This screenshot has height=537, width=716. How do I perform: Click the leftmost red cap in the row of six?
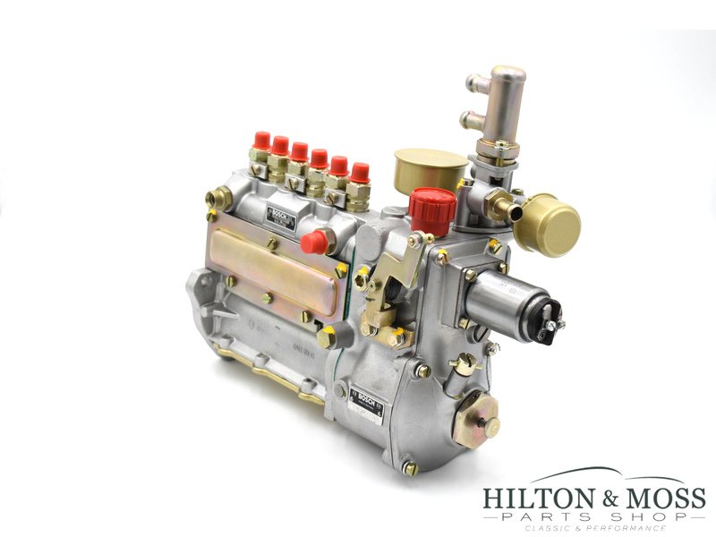[261, 141]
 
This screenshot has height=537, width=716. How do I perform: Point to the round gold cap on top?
[430, 165]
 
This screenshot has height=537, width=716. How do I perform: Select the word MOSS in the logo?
[663, 498]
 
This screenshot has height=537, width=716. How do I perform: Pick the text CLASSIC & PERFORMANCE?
[594, 529]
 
